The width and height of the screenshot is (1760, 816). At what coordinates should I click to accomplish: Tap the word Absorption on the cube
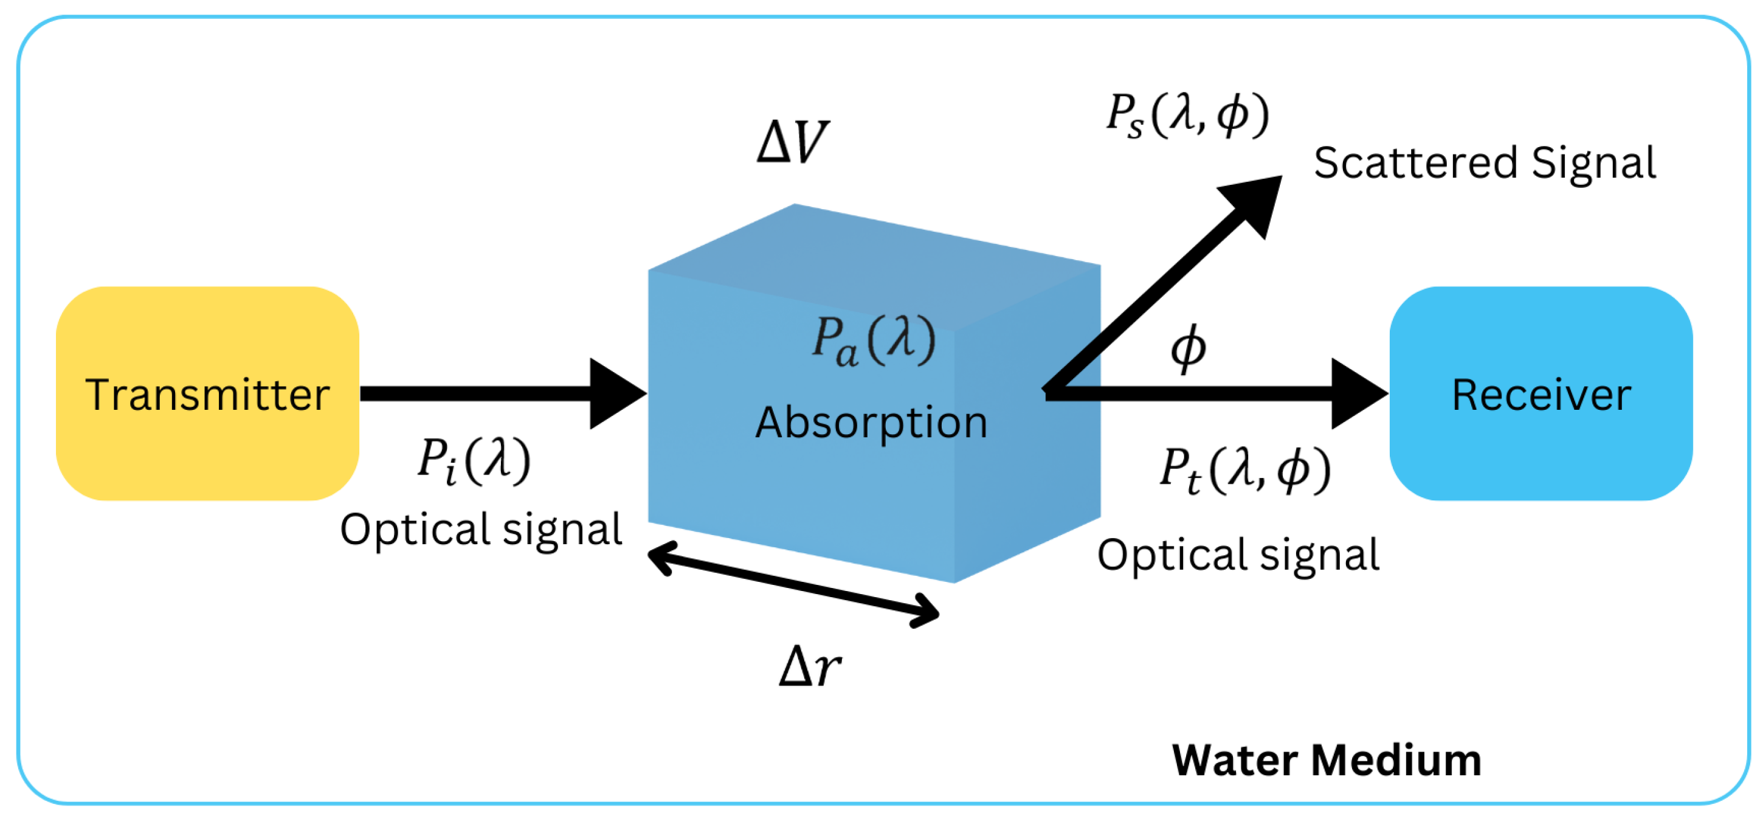click(871, 423)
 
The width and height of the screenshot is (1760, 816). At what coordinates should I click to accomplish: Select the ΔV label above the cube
click(793, 142)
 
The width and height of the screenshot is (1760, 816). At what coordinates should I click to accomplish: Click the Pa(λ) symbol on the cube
click(872, 340)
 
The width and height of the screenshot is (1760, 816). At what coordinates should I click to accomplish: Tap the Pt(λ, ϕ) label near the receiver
click(1245, 469)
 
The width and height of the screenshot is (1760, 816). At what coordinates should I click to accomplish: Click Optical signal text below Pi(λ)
click(481, 529)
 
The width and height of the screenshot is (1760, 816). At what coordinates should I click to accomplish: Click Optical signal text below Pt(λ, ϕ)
click(1238, 555)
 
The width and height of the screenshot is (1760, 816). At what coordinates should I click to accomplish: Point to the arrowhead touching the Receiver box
click(1356, 393)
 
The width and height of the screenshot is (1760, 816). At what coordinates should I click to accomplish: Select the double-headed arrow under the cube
click(793, 585)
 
